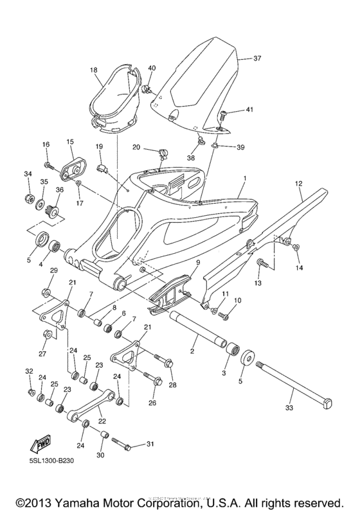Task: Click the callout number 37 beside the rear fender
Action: (257, 58)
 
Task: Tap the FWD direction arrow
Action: (40, 444)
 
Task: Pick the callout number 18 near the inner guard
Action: (94, 69)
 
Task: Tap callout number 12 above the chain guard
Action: (298, 184)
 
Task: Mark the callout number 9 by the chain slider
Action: (198, 262)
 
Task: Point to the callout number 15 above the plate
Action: (70, 141)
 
